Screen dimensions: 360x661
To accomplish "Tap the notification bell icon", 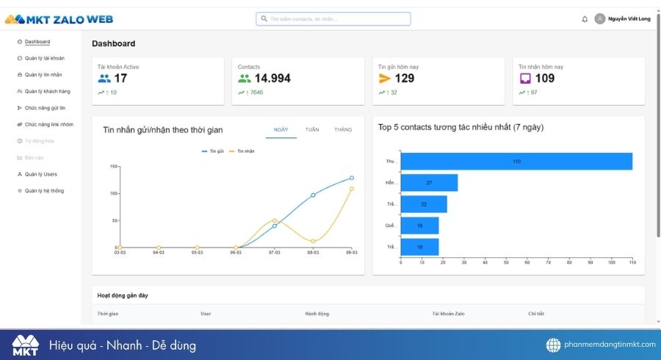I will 585,19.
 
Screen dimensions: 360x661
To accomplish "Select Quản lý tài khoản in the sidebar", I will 44,58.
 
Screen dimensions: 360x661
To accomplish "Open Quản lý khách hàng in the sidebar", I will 47,91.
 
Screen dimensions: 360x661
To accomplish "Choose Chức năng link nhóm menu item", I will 48,124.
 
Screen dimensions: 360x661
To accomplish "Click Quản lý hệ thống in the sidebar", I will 44,190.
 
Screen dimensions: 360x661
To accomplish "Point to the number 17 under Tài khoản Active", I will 120,79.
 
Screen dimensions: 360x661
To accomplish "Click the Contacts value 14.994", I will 272,79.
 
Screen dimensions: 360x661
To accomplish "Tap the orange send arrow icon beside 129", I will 385,79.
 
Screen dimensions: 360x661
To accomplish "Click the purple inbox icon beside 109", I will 525,79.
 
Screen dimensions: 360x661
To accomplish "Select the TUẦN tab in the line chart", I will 312,129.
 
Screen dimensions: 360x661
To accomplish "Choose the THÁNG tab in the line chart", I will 343,129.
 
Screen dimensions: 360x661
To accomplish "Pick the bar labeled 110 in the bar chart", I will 516,161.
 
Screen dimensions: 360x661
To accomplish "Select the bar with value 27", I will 429,182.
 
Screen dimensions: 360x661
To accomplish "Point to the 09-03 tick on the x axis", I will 351,252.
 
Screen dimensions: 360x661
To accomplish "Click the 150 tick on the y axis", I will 114,166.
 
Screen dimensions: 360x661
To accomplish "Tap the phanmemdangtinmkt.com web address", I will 609,345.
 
